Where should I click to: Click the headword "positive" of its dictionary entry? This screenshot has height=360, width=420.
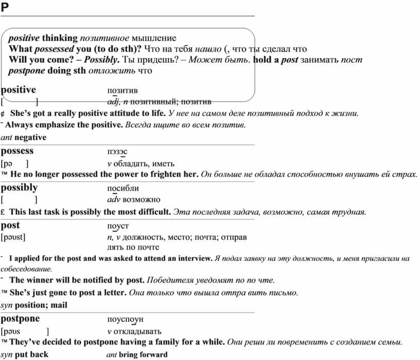point(19,90)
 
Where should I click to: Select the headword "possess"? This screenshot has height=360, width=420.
point(17,151)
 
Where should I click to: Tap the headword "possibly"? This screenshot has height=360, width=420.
point(20,187)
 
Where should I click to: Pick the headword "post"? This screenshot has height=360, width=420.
point(11,225)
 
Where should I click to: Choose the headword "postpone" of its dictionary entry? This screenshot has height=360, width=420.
point(21,319)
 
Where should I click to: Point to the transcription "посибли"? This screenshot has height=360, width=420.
point(123,188)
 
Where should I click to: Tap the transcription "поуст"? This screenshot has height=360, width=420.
point(118,226)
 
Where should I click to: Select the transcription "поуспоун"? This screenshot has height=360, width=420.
point(126,320)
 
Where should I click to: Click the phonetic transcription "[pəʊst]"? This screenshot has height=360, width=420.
point(14,237)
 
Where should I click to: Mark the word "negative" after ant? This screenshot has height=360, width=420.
point(30,138)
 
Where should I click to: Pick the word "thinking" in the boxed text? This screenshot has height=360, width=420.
point(60,38)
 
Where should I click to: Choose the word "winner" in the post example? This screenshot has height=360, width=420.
point(39,280)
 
